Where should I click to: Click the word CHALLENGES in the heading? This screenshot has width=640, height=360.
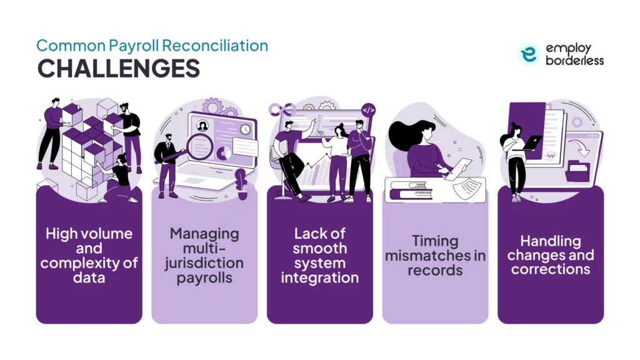118,68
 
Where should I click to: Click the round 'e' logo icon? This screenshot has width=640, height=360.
529,54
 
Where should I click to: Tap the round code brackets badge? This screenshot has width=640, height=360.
369,111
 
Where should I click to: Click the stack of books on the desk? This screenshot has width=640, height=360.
413,189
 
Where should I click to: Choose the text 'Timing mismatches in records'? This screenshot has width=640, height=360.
435,255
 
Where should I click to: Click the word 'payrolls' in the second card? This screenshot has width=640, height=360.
204,277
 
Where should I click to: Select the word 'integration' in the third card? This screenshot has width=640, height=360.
319,277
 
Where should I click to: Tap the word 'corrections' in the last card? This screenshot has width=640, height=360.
550,269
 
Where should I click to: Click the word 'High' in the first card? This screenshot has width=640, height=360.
61,234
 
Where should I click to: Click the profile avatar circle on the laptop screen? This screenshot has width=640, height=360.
204,125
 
